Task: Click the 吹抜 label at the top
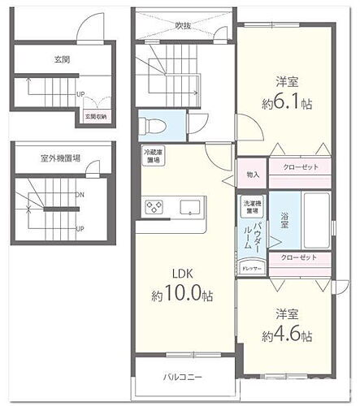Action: (x=184, y=24)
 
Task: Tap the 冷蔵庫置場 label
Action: (x=152, y=157)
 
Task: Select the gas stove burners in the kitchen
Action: (x=154, y=208)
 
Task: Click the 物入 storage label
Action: (x=252, y=175)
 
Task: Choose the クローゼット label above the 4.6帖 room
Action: (x=298, y=258)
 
